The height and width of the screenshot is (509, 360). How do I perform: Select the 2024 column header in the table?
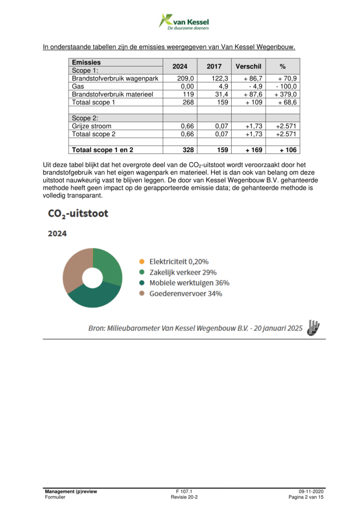tap(180, 66)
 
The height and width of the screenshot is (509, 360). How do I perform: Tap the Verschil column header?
tap(249, 66)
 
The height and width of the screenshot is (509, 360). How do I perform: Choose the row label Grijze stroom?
tap(91, 126)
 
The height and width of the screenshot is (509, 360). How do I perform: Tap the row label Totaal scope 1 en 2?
tap(103, 150)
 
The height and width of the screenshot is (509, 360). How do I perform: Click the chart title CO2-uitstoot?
tap(78, 214)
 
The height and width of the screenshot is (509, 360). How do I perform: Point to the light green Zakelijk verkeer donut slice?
tap(108, 263)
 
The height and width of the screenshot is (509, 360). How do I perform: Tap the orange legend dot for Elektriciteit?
tap(142, 261)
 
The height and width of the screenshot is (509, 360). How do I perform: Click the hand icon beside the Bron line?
tap(313, 327)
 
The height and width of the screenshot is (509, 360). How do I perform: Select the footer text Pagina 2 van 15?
tap(306, 497)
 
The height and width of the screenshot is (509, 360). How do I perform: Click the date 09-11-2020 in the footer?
tap(311, 491)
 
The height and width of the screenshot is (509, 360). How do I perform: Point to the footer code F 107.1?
tap(184, 491)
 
